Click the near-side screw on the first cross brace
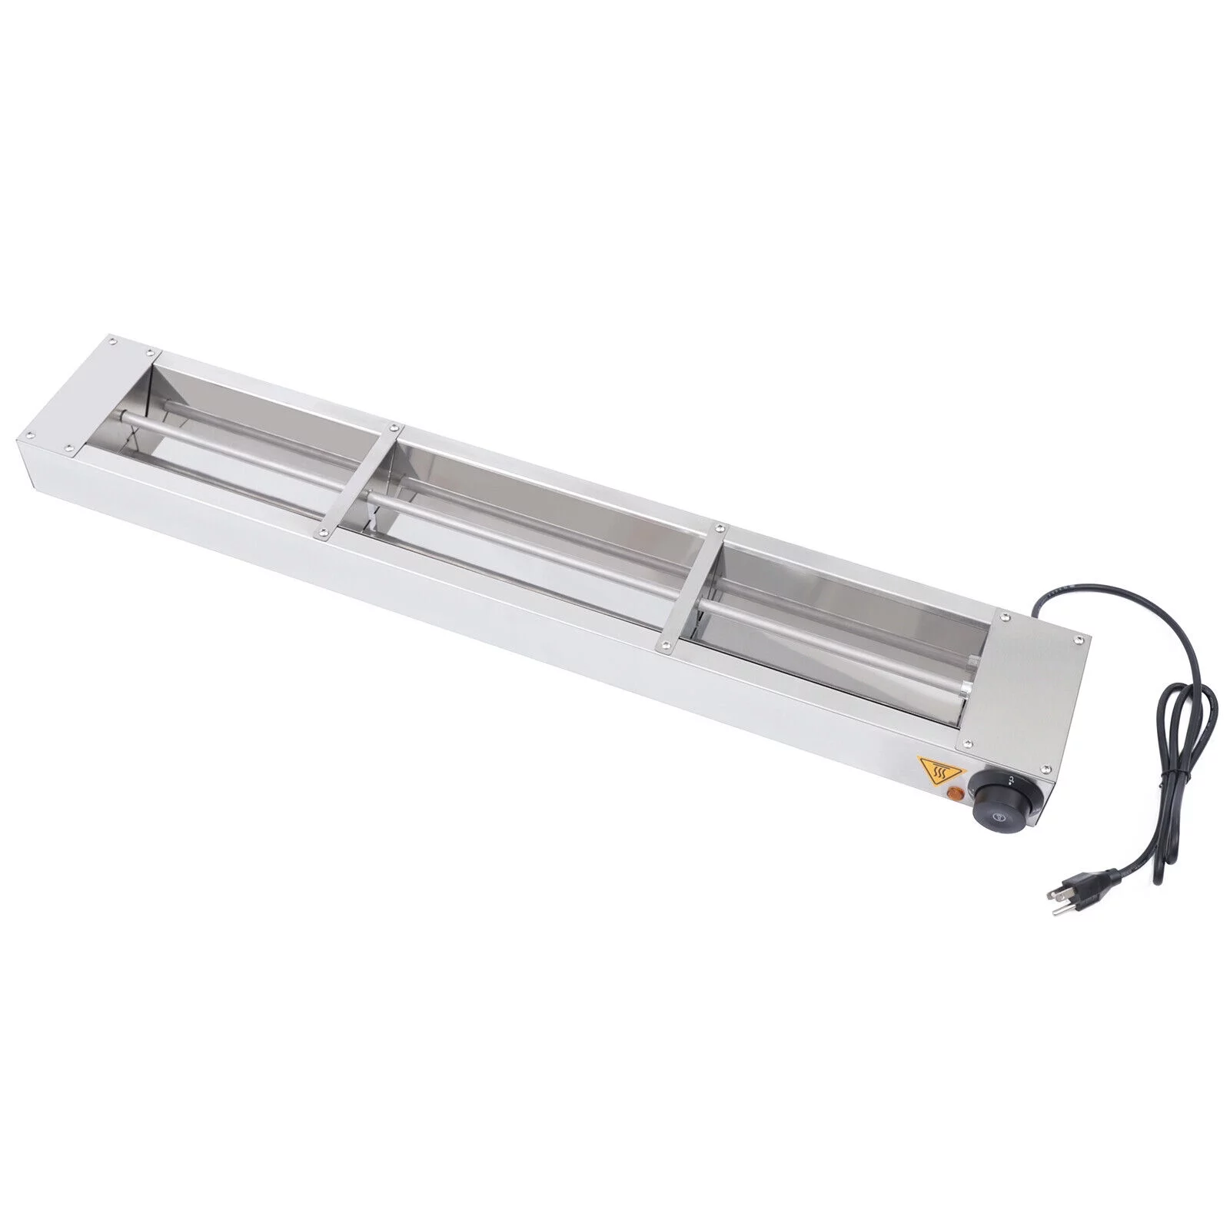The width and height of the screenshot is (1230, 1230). [x=322, y=530]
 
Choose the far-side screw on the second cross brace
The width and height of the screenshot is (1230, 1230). [x=720, y=528]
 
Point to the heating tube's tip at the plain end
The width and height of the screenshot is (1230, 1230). [x=123, y=419]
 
